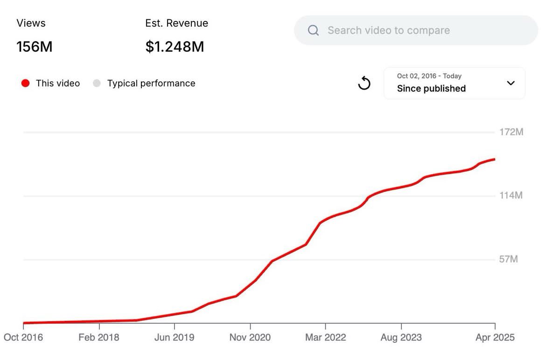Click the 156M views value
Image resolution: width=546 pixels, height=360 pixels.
pos(35,47)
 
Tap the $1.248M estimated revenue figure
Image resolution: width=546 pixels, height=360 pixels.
pos(175,47)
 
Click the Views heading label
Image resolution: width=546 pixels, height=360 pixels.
pos(31,23)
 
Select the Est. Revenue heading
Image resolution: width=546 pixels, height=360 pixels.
pos(176,23)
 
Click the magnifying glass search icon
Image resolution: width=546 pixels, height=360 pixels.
pos(314,31)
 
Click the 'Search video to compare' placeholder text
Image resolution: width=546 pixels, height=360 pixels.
pos(389,31)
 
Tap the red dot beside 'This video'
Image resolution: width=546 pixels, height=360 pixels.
pos(26,83)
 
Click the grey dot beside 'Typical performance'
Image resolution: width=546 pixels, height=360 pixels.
pos(97,83)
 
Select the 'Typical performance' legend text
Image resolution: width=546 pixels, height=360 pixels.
pos(151,83)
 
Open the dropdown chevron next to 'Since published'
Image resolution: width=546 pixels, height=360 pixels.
pos(511,83)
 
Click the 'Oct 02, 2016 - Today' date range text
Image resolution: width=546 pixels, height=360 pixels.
pos(429,76)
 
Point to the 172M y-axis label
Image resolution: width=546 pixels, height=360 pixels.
pos(511,132)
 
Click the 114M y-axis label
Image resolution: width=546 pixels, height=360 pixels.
pos(511,195)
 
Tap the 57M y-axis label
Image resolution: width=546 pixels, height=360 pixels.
pos(509,259)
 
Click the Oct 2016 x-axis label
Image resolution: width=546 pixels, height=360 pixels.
pos(23,337)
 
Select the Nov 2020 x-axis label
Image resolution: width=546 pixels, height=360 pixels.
pos(250,337)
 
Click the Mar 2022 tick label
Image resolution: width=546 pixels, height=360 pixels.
pos(326,337)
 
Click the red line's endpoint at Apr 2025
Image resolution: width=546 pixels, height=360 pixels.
pos(495,159)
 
